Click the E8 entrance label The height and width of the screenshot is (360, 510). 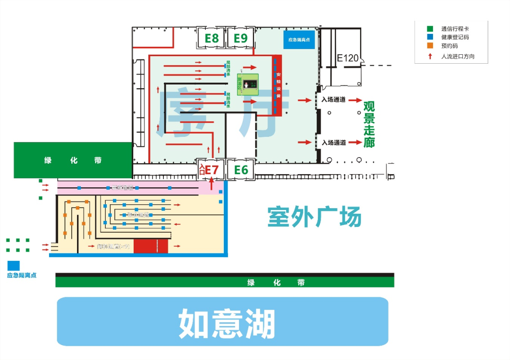point(211,38)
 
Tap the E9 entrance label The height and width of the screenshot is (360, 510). point(240,38)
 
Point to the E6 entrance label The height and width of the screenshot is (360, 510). point(241,170)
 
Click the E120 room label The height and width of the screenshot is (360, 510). point(348,59)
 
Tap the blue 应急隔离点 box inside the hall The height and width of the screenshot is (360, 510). point(299,40)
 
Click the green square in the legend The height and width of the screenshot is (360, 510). point(430,29)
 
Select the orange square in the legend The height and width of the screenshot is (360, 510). point(430,46)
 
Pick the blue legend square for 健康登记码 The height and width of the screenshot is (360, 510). point(430,37)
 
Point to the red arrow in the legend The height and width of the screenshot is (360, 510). point(430,56)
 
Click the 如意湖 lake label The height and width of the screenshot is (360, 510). point(227,324)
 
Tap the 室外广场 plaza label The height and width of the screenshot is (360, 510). point(314,217)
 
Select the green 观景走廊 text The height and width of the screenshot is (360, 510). point(369,124)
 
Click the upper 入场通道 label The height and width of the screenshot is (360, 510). point(334,100)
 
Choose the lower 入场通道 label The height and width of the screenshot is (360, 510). point(334,142)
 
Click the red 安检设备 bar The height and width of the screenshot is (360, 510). point(278,85)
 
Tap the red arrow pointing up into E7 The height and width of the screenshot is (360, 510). point(212,183)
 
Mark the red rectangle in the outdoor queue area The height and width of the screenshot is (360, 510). point(151,246)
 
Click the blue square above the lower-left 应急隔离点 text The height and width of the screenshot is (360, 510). point(14,266)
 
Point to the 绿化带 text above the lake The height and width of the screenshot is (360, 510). point(276,283)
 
